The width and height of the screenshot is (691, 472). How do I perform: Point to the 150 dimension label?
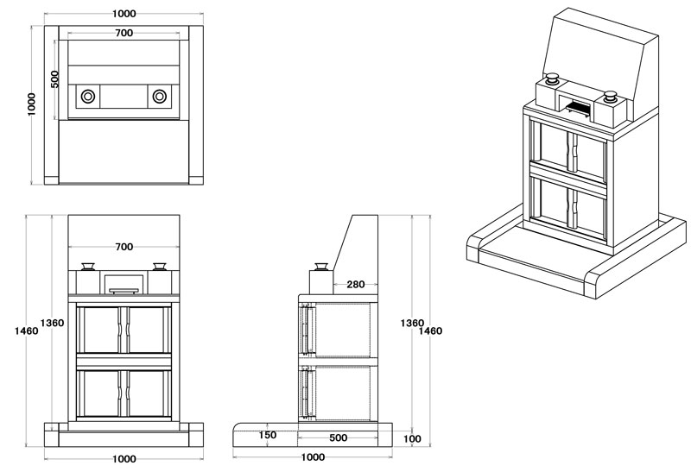click(x=268, y=435)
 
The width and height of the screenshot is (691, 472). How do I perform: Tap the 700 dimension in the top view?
click(x=124, y=33)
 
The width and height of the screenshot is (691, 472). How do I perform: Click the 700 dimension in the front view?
click(x=124, y=247)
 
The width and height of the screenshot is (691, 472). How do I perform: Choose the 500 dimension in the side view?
click(x=338, y=437)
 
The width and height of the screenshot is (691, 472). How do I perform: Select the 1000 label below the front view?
click(x=124, y=458)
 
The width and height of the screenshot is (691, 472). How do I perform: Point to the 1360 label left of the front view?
click(x=53, y=323)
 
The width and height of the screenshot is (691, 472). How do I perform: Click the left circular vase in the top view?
click(x=87, y=96)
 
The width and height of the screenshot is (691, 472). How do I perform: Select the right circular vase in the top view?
click(x=160, y=96)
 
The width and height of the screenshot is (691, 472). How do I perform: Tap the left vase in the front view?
click(x=87, y=267)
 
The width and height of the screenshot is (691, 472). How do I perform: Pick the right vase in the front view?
click(x=160, y=267)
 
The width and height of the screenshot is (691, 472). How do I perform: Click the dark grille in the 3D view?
click(x=579, y=107)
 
